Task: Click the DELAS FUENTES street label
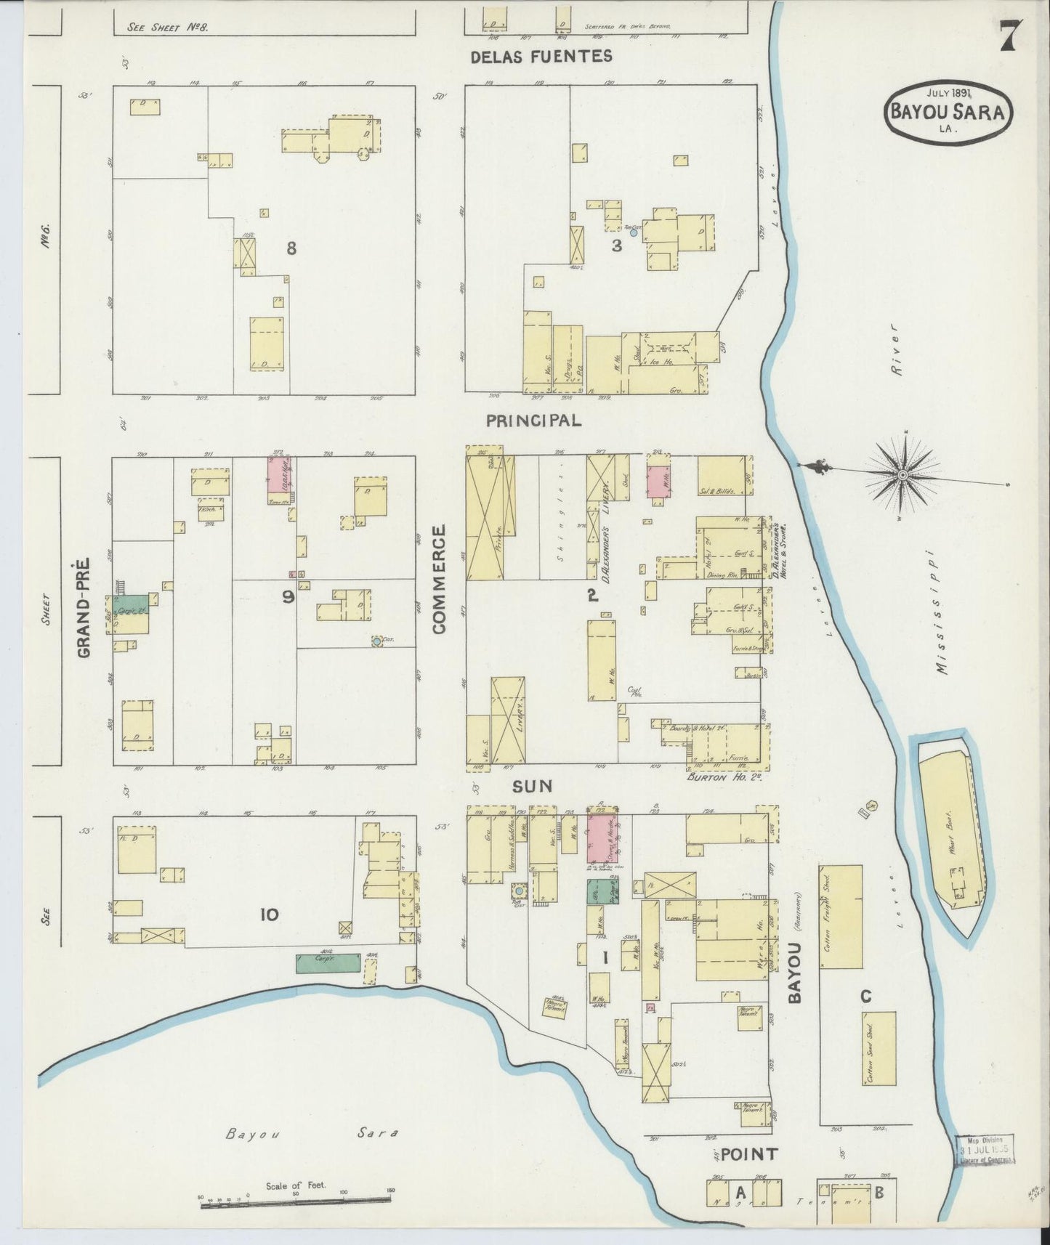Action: (x=541, y=56)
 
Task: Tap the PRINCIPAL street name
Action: (x=533, y=421)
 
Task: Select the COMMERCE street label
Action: (x=440, y=581)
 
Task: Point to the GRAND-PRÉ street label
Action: (x=84, y=607)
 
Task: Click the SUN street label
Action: (x=533, y=786)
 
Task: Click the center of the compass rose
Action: (x=902, y=475)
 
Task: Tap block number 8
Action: (x=291, y=248)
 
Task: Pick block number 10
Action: (x=270, y=915)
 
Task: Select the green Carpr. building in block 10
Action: (x=327, y=963)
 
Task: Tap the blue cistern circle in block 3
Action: (x=634, y=233)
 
